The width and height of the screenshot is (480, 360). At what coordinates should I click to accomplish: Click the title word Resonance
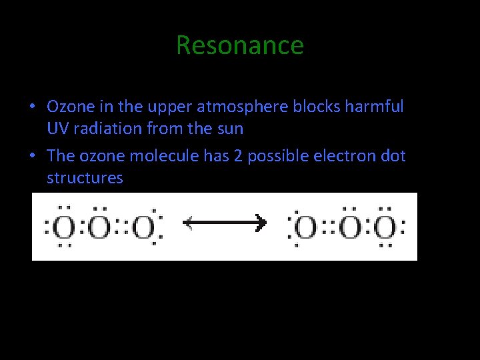click(240, 45)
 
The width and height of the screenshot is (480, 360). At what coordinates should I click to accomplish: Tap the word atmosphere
click(251, 107)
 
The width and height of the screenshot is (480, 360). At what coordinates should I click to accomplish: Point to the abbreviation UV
click(57, 127)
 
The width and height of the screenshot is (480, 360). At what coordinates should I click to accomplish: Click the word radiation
click(105, 127)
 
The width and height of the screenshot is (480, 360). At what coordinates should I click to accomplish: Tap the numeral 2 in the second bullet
click(239, 156)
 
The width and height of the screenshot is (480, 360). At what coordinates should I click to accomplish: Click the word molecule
click(160, 156)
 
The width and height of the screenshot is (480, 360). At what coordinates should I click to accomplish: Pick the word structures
click(85, 178)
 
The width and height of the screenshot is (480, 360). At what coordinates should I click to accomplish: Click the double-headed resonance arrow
click(225, 223)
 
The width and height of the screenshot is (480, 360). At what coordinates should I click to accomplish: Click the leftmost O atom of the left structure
click(64, 227)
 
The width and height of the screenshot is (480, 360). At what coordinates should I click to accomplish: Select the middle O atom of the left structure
click(100, 227)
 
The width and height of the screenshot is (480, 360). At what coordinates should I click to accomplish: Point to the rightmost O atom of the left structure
click(142, 227)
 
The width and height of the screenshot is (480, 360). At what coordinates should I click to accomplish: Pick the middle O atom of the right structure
click(349, 227)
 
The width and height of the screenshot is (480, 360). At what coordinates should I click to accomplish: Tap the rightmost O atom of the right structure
click(384, 227)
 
